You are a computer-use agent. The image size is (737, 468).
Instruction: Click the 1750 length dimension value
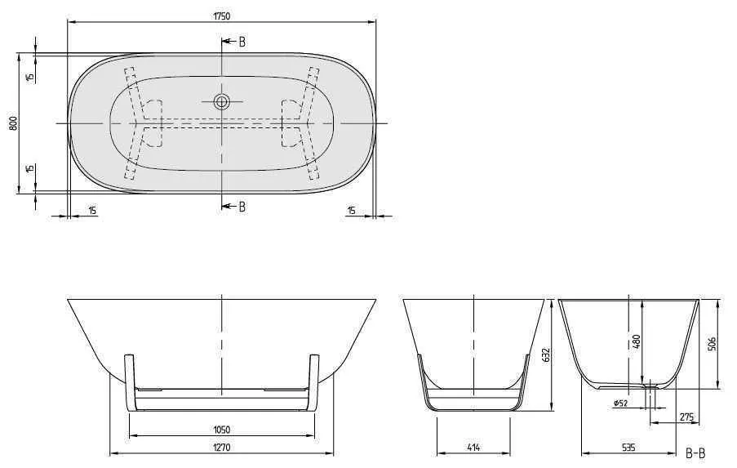220,8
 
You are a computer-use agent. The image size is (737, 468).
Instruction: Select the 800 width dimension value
12,123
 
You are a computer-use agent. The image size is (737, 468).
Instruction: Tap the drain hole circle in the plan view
221,102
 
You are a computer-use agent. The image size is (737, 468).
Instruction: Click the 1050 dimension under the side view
221,430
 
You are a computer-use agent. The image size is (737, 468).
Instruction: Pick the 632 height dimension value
546,354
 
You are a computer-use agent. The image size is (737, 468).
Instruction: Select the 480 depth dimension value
637,340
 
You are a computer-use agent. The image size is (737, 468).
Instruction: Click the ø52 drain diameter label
620,403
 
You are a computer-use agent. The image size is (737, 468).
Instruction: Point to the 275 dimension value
686,417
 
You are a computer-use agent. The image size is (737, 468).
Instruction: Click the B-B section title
695,452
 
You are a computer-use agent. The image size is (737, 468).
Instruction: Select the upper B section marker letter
242,42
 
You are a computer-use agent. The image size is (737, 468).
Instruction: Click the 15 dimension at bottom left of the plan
91,211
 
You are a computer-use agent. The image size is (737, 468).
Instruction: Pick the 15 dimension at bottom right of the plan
351,211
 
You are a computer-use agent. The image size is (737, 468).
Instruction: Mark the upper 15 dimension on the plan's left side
29,77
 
